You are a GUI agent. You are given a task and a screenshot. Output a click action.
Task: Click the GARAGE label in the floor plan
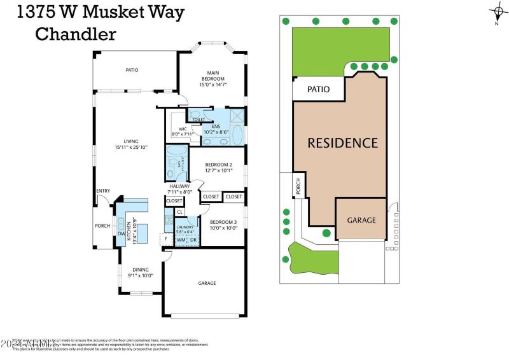(x=207, y=283)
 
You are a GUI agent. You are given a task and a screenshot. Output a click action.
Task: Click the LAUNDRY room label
(x=185, y=227)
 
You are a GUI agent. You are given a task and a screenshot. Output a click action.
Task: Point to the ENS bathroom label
(x=215, y=126)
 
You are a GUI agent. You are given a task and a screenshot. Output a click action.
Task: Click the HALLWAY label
(x=179, y=186)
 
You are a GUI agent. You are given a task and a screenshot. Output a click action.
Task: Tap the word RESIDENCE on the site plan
(x=343, y=142)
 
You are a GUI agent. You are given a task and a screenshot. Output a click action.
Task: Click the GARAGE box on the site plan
(x=361, y=220)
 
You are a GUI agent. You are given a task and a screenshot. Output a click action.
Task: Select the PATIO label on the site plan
(x=318, y=90)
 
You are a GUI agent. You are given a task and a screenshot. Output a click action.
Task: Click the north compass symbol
(x=496, y=11)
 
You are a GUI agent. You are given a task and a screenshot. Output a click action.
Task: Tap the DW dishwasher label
(x=121, y=233)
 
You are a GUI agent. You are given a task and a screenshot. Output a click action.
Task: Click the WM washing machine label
(x=181, y=240)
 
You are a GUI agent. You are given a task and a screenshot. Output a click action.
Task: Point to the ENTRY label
(x=102, y=191)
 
